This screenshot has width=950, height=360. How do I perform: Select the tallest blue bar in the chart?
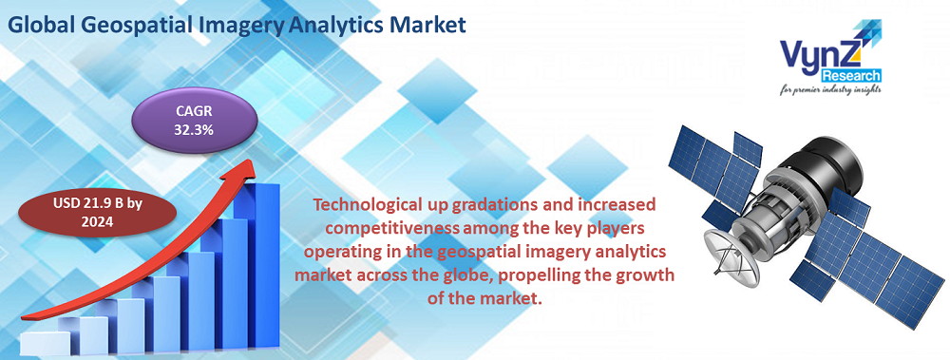click(261, 256)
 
